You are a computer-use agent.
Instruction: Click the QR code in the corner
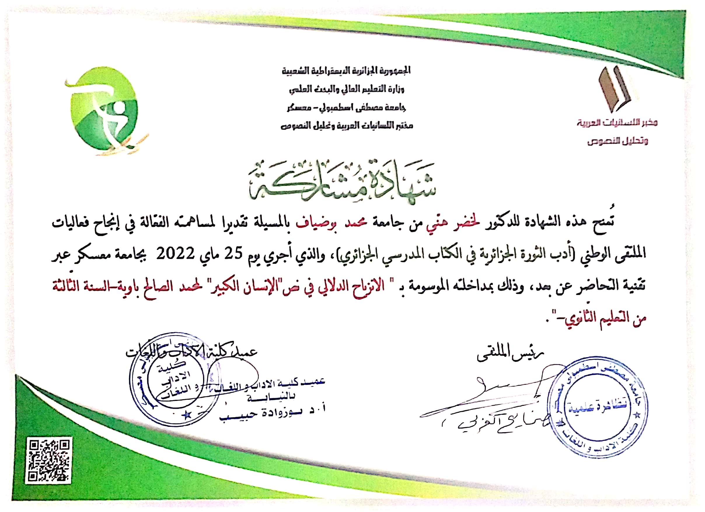point(48,461)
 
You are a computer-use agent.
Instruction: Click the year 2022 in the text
point(175,254)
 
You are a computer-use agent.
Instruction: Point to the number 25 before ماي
point(233,254)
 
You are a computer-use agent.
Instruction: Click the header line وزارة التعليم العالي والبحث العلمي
point(347,90)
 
